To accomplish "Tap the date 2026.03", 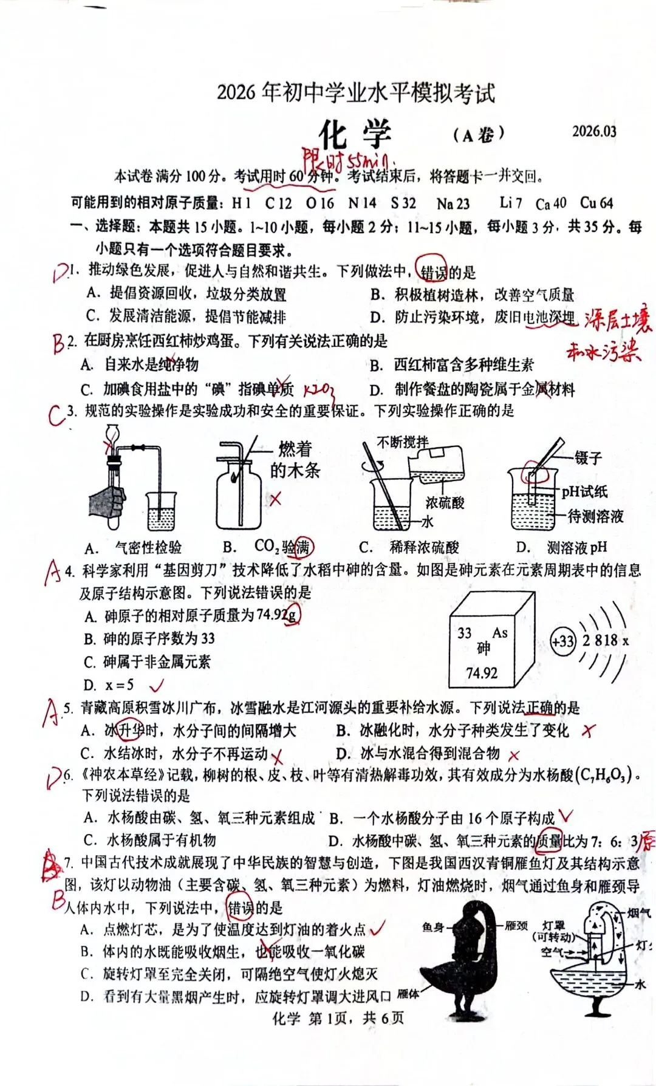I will (x=593, y=131).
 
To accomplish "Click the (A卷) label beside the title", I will (x=479, y=134).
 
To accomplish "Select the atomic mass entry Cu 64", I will (x=596, y=203).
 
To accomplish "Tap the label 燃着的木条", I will (x=295, y=459).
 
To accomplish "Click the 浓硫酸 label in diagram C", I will (x=445, y=502).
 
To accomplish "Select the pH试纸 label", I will (x=584, y=491).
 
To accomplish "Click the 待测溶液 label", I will (x=595, y=516).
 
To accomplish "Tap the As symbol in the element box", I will (x=499, y=633).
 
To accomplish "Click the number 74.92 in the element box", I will (x=481, y=673).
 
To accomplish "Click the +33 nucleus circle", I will (x=562, y=641).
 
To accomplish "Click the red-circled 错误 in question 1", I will (x=432, y=272).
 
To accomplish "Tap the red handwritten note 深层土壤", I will (x=617, y=321).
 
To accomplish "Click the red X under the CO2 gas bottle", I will (x=276, y=499).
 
